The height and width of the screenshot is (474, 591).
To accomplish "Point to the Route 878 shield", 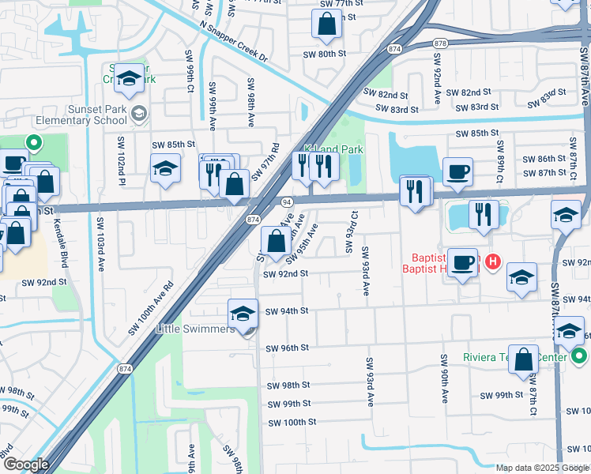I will [440, 43].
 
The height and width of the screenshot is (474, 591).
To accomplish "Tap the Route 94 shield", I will [285, 202].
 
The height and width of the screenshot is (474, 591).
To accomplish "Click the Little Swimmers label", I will [195, 329].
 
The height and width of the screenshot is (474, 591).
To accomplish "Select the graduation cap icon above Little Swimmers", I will [243, 314].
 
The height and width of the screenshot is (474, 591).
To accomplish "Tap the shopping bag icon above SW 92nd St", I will [276, 241].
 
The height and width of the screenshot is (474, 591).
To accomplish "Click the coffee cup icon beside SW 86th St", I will [457, 171].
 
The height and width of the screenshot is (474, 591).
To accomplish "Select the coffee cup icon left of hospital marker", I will [462, 262].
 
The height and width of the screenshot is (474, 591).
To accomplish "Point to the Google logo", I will [27, 465].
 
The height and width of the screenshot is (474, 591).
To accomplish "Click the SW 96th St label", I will [286, 348].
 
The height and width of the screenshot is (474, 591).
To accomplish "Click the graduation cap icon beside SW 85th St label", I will [165, 168].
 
